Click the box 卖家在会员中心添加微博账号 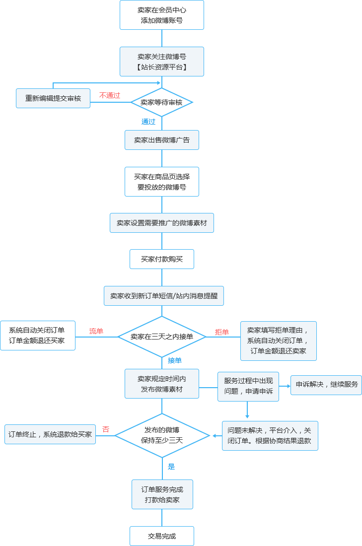162,15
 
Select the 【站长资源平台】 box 162,62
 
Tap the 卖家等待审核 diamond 161,102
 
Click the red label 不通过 110,95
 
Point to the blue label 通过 148,122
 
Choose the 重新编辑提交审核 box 53,98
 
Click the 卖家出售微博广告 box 162,140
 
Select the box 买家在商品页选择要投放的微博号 162,182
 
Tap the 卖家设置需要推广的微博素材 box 162,223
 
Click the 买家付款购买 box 162,259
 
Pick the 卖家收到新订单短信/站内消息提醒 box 164,296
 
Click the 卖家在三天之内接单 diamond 162,337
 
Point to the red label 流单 96,331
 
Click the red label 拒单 222,332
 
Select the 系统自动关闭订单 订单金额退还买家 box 38,336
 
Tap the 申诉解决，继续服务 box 326,385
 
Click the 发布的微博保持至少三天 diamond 162,435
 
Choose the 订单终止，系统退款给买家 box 50,434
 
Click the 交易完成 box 162,536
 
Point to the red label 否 106,429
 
